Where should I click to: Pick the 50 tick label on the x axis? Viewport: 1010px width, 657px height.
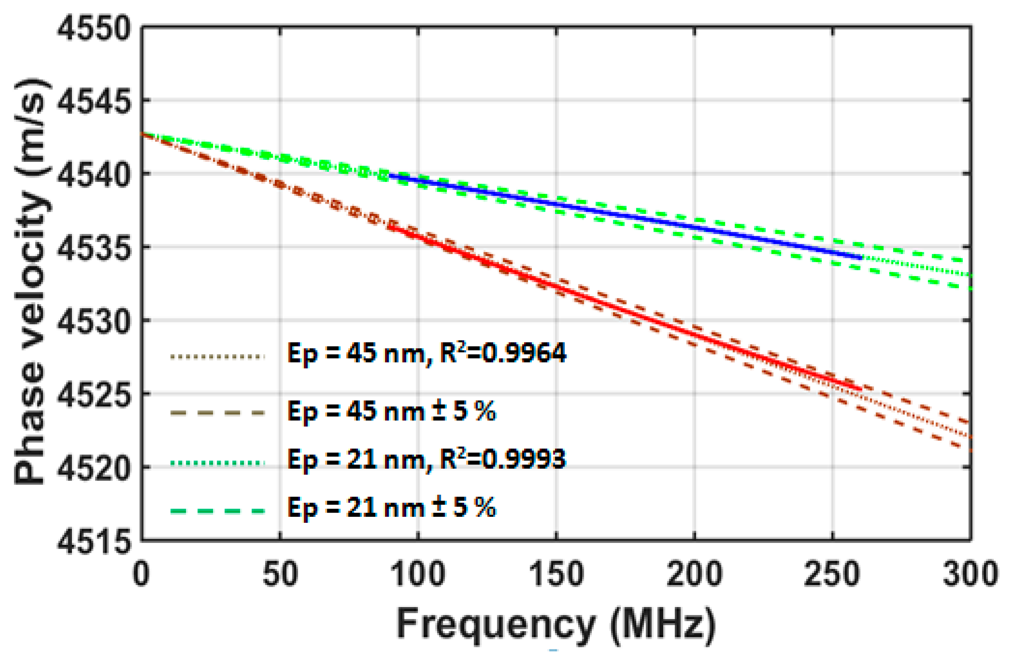pos(280,574)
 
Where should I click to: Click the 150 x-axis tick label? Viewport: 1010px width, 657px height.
pos(556,574)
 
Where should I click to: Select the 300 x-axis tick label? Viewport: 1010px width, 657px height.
pos(970,574)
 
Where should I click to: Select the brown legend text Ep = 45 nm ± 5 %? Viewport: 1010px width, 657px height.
pos(391,411)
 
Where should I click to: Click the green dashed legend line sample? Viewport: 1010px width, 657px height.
pos(217,511)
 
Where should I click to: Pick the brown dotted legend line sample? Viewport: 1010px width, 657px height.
pos(217,357)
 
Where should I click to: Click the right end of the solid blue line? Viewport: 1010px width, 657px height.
pos(860,258)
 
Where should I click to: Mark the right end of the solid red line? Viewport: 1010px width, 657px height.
pos(860,389)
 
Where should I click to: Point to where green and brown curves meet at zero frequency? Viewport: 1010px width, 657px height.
pos(142,134)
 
